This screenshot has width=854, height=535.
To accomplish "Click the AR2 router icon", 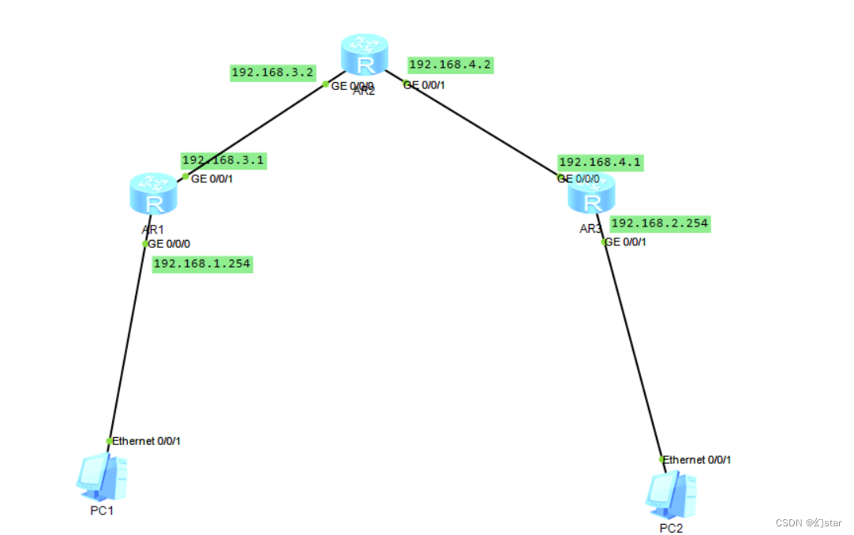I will click(x=365, y=54).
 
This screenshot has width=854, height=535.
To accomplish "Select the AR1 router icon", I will click(x=155, y=194).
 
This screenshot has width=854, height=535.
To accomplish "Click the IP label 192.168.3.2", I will click(x=272, y=73).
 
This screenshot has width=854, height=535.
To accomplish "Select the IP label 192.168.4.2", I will click(x=451, y=65).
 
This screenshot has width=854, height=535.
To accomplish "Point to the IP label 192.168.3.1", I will click(x=223, y=160).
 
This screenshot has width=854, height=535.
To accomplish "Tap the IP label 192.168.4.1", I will click(x=600, y=163).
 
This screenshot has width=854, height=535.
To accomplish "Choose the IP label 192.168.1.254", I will click(x=202, y=264).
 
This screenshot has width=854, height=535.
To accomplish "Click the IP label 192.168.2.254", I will click(x=660, y=224).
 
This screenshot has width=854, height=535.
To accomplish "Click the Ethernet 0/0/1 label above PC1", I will click(x=147, y=441).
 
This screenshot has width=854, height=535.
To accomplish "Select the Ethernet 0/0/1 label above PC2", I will click(x=697, y=459).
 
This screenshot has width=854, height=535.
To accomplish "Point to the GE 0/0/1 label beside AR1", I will click(x=212, y=178).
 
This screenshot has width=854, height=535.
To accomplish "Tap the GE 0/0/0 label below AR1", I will click(x=170, y=244).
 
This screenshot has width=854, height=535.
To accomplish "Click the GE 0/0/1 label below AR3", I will click(x=626, y=242).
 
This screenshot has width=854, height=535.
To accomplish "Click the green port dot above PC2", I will click(x=661, y=458).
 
